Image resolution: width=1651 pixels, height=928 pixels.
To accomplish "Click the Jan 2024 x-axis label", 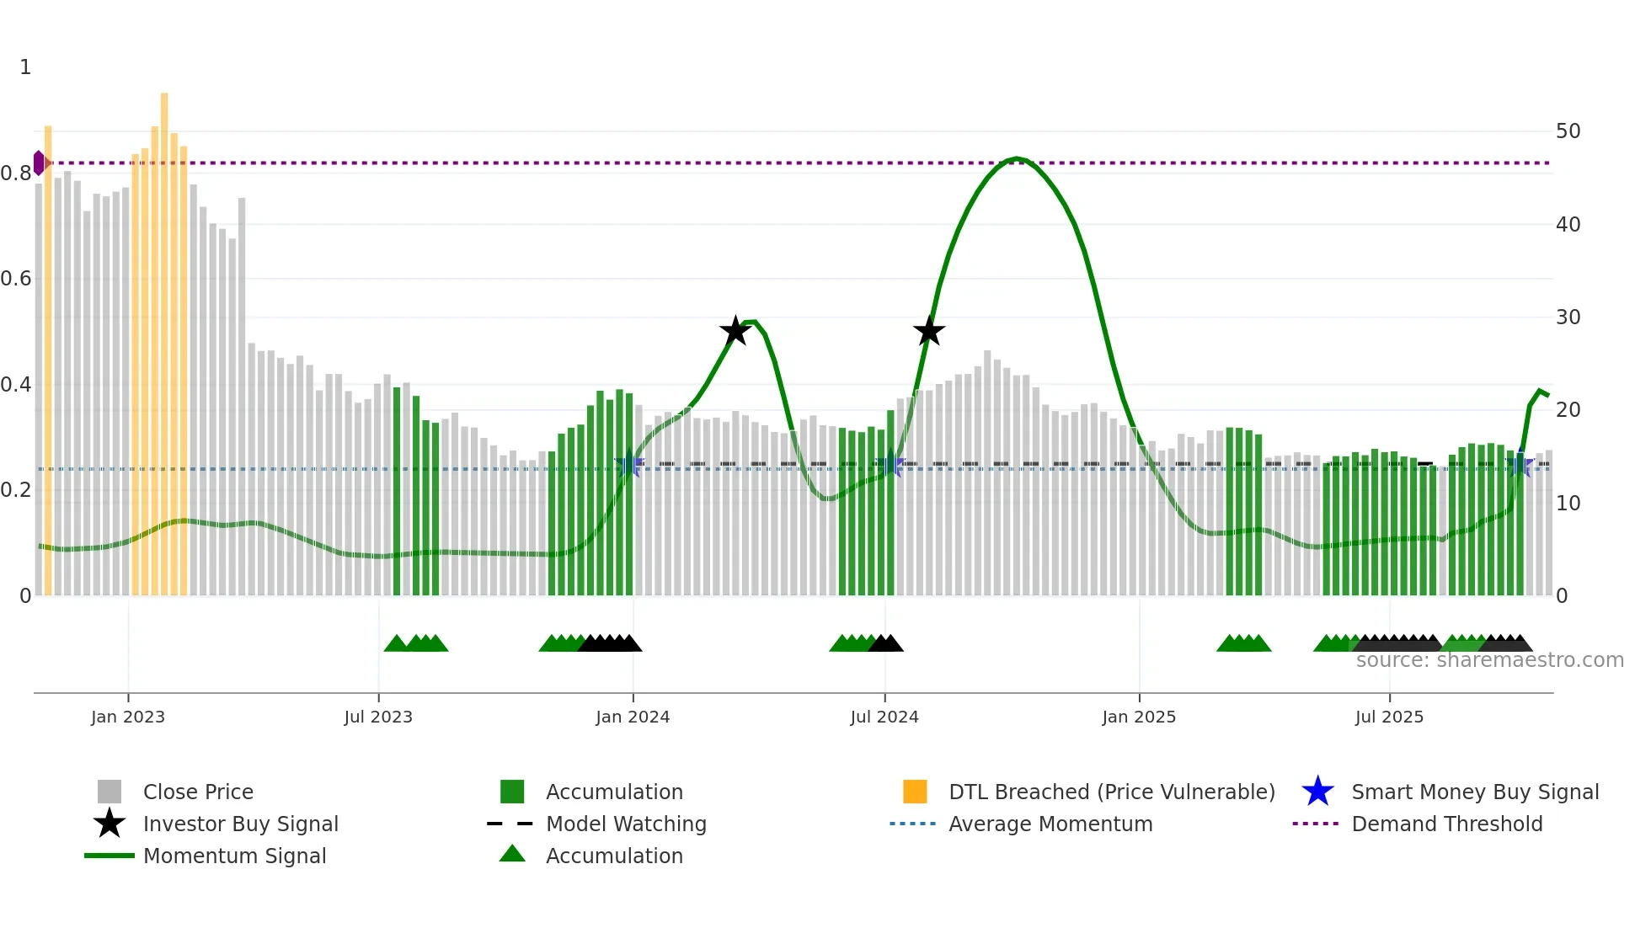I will [x=633, y=717].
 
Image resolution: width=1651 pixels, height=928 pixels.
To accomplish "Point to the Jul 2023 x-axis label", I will [x=378, y=717].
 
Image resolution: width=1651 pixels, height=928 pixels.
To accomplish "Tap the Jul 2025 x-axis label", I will [x=1389, y=717].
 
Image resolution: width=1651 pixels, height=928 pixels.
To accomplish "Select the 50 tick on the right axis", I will [x=1568, y=131].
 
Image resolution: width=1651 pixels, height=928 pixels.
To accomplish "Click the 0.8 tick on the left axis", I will [x=17, y=173].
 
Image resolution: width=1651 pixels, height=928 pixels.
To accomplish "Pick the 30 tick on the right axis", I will [x=1568, y=317].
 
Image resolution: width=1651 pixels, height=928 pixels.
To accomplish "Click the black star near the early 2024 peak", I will [x=735, y=331].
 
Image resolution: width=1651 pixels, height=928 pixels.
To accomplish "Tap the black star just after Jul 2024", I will [x=929, y=332].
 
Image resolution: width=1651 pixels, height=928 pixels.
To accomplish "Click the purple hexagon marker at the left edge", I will [x=39, y=163].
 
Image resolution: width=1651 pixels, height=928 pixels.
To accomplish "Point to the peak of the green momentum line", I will [x=1018, y=158].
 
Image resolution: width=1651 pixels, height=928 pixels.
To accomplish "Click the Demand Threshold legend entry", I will [x=1446, y=824].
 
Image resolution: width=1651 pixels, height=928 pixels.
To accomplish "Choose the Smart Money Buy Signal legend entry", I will [x=1474, y=792].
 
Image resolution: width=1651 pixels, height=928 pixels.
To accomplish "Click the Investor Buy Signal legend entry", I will [x=240, y=824].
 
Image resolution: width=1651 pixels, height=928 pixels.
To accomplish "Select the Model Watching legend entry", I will [x=625, y=824].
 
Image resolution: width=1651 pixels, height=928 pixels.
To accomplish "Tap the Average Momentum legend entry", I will [x=1050, y=824].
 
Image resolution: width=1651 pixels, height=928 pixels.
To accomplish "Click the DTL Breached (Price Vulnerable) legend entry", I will [x=1111, y=792].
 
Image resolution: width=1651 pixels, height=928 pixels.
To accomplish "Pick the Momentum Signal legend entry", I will [x=234, y=856].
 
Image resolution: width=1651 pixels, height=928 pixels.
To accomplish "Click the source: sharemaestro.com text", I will [x=1489, y=660].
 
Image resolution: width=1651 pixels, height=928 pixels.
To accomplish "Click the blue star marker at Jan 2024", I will [x=629, y=465].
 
